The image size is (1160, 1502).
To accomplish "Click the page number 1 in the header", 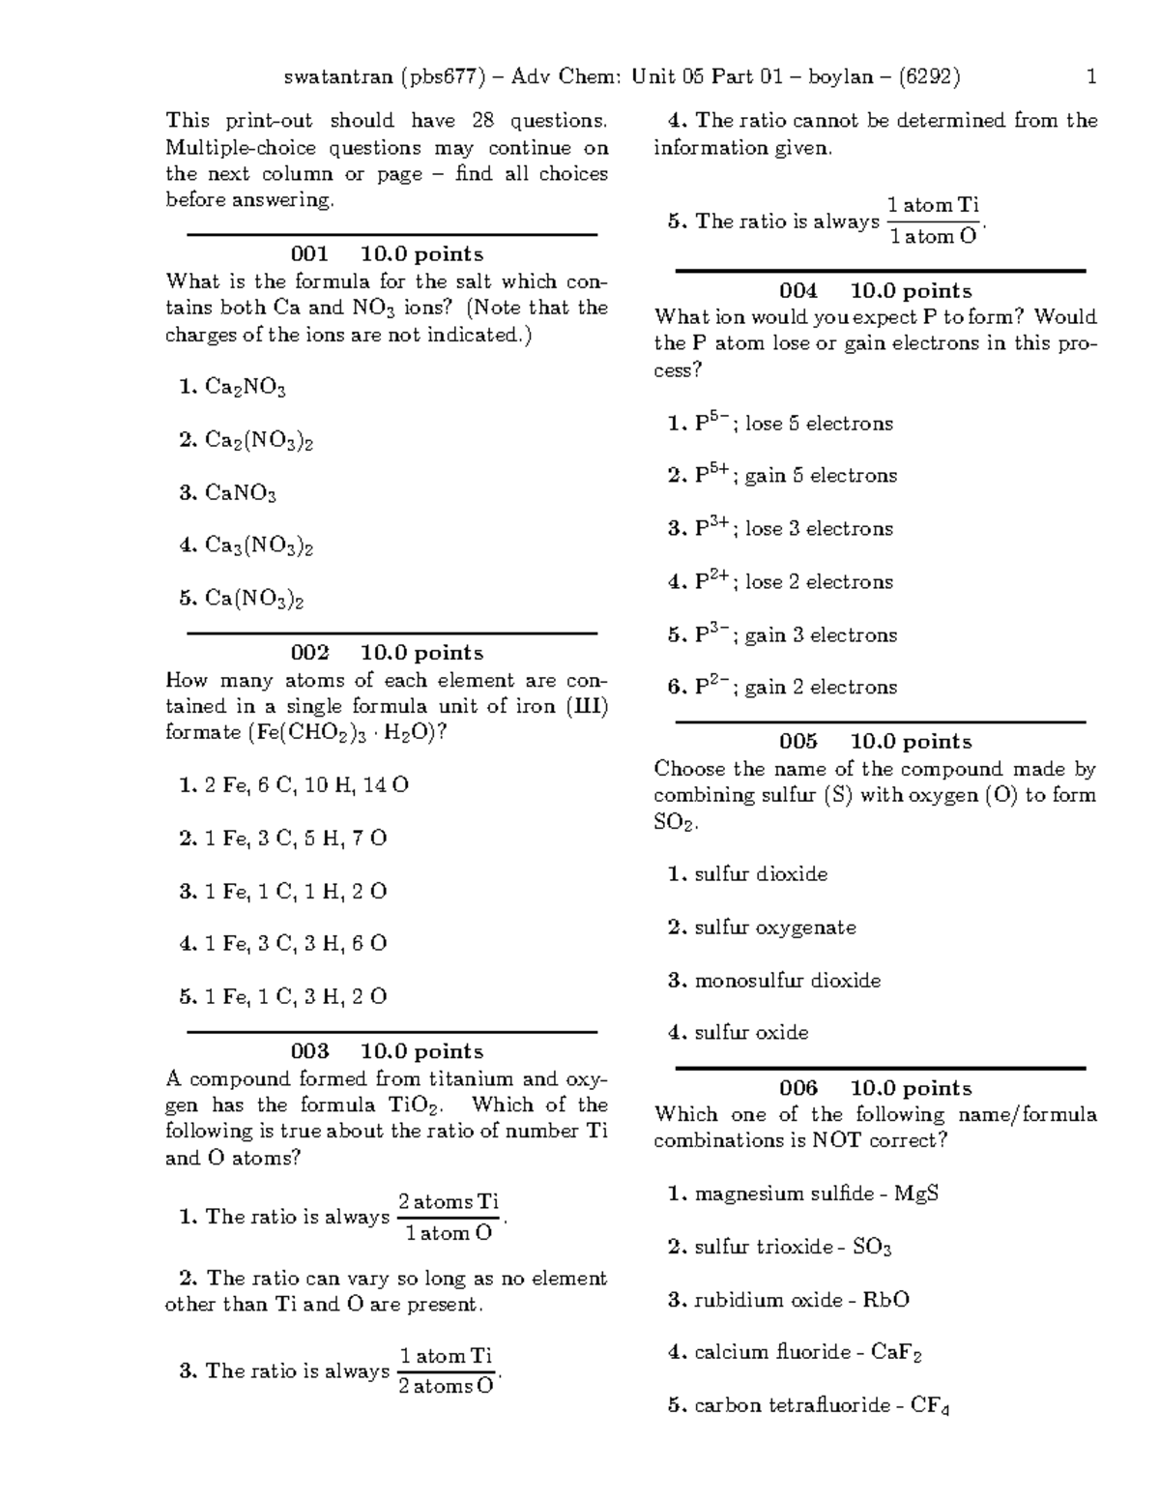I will (x=1091, y=76).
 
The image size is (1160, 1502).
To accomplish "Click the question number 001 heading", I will (x=309, y=254).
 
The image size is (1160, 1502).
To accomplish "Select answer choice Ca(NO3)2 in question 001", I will (x=254, y=600).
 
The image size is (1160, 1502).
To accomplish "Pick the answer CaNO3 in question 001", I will (x=240, y=494).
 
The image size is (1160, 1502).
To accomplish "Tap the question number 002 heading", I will (x=309, y=653).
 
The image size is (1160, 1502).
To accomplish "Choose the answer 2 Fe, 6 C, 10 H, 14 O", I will (x=305, y=785).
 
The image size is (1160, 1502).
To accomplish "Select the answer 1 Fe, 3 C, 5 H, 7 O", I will (x=295, y=839).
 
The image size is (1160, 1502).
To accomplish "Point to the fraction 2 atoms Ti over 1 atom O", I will (x=449, y=1218).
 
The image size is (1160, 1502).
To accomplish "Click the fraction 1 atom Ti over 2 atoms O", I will (x=446, y=1370).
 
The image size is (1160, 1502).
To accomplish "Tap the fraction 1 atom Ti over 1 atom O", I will (x=933, y=221).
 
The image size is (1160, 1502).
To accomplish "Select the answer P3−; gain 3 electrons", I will (x=795, y=635).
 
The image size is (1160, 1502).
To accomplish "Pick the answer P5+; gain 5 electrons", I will (x=795, y=476).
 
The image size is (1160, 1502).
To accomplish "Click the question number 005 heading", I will (x=797, y=742).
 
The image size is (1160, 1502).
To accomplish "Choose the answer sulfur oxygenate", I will (x=774, y=928).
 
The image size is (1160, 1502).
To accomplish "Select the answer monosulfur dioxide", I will (x=787, y=981).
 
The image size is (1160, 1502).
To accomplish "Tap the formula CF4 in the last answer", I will (x=930, y=1406).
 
